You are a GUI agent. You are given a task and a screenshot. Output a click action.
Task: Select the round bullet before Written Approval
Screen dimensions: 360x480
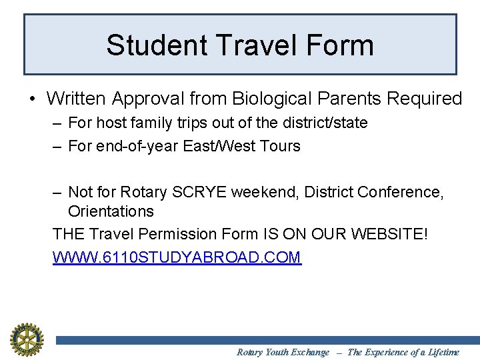33,99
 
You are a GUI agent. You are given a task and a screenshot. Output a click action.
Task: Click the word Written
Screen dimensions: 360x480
77,99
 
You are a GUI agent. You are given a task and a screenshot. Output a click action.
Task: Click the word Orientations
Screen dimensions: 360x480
111,212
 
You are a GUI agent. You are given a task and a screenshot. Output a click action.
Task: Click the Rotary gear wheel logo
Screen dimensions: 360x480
26,339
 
